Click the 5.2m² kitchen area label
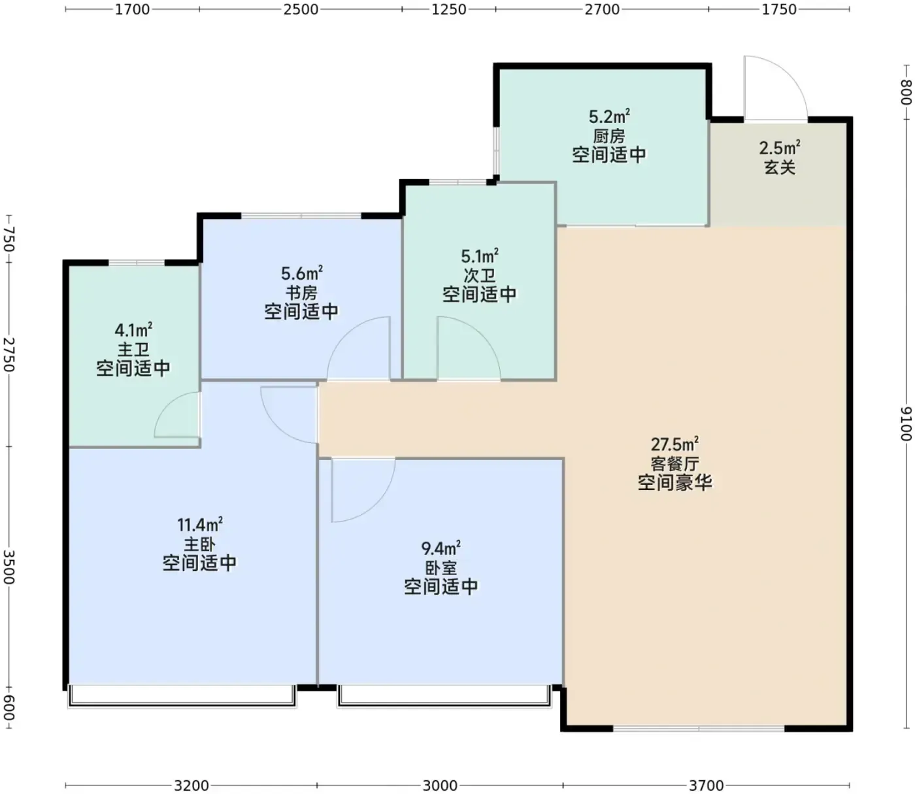(x=609, y=116)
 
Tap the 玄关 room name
(x=780, y=168)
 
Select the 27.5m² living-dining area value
(x=674, y=444)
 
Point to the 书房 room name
(x=301, y=293)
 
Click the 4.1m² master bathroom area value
(x=133, y=330)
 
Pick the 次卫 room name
(x=480, y=276)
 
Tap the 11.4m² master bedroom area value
(x=200, y=524)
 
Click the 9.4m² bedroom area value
(x=441, y=548)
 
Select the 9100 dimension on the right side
(x=906, y=423)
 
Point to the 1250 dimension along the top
(x=448, y=9)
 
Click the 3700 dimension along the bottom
(x=706, y=785)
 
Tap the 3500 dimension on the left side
(x=9, y=567)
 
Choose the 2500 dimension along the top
(x=301, y=9)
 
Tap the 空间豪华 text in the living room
(x=674, y=483)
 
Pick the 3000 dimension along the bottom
(x=440, y=785)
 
